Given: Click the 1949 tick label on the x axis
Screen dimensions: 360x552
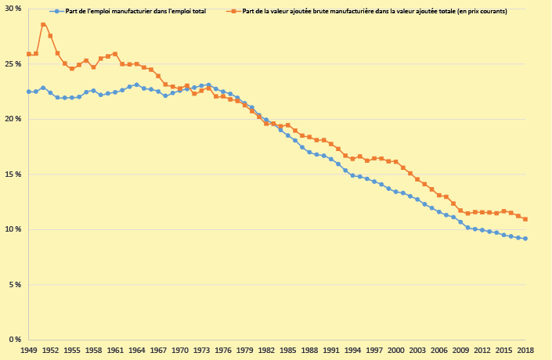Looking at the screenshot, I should (x=29, y=350).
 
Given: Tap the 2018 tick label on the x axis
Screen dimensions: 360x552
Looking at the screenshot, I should (x=525, y=350).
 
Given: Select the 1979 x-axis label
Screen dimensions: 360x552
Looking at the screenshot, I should (x=244, y=350).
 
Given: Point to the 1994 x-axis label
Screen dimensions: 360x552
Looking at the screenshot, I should (x=352, y=350).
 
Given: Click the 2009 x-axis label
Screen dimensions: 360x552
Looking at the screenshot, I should (x=460, y=350).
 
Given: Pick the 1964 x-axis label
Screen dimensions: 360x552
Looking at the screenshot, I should (x=136, y=350).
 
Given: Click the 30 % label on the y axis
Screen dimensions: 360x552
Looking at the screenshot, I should (x=13, y=9).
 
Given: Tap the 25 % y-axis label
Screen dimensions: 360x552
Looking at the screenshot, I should (x=13, y=63).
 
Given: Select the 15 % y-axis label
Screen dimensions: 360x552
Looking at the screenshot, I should (x=13, y=174).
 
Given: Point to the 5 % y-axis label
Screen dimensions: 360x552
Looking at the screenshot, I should (x=16, y=284).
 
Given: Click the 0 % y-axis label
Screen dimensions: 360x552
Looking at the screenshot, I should (x=16, y=340).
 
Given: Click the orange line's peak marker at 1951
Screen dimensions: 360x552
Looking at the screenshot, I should (x=43, y=24).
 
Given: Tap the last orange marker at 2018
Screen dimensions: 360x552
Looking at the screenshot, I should (x=525, y=219).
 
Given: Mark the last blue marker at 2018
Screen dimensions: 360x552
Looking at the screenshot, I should (x=525, y=239).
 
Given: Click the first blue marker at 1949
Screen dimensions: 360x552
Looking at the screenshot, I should (x=29, y=92).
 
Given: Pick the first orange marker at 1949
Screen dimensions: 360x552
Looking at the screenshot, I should (x=29, y=54).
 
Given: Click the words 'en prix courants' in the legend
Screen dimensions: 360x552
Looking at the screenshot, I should (x=482, y=12).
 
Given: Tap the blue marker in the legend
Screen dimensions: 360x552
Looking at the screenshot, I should (x=56, y=12).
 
